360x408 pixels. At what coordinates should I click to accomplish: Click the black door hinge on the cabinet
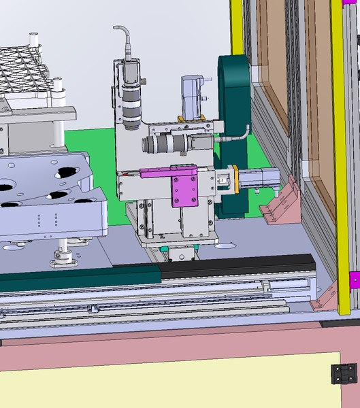point(343,374)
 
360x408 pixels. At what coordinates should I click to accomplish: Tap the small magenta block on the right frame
point(354,279)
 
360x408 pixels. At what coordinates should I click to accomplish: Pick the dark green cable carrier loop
point(234,102)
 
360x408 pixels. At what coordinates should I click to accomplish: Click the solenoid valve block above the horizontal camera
point(192,95)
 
